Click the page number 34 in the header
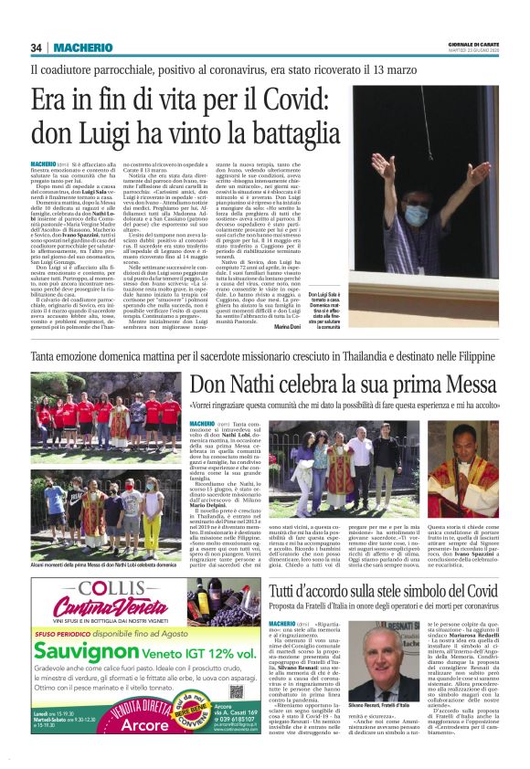tap(37, 47)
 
